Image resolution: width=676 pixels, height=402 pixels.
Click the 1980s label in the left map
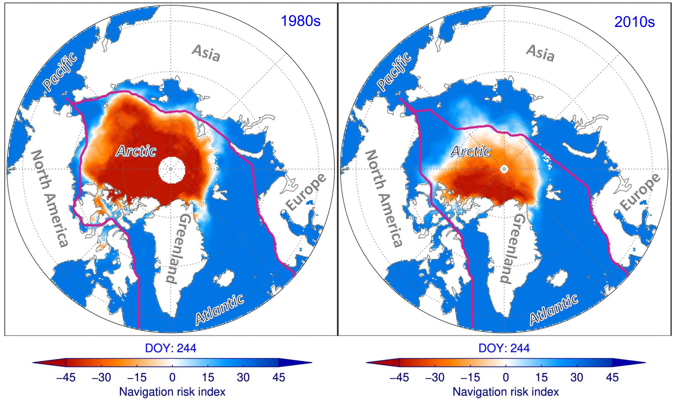coord(301,21)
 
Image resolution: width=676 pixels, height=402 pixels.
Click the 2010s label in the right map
coord(634,22)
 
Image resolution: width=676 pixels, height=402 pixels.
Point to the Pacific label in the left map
coord(60,72)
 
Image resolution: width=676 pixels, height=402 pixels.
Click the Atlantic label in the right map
coord(553,310)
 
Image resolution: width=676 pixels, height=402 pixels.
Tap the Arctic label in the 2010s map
coord(471,151)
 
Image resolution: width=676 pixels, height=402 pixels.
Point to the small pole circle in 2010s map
coord(504,169)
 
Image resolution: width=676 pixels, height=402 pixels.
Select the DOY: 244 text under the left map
coord(171,348)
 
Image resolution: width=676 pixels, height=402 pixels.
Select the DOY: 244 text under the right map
coord(504,348)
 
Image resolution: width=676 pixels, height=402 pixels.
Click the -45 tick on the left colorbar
coord(66,377)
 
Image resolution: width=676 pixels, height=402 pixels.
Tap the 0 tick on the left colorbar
coord(172,377)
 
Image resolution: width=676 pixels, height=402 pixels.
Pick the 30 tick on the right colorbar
coord(577,377)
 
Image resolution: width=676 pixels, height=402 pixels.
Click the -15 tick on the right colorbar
coord(470,377)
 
